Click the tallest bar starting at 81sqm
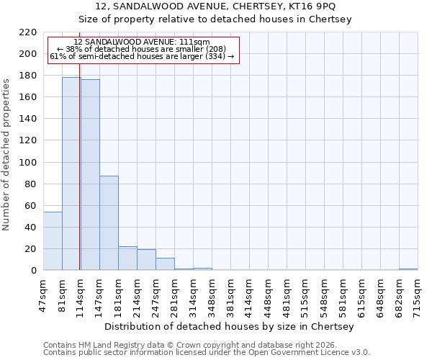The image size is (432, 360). coord(71,174)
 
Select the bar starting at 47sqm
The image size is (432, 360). coord(53,240)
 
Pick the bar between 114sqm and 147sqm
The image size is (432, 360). coord(90,175)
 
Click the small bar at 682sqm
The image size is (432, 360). coord(408,269)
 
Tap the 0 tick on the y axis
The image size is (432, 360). coord(34,271)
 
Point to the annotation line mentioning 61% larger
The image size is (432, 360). coord(142,56)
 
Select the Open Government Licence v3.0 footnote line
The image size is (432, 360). coord(206,353)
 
